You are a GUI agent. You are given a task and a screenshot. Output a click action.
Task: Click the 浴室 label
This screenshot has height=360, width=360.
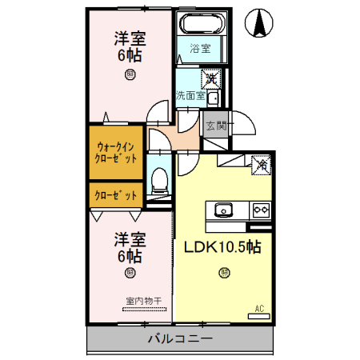tap(200, 49)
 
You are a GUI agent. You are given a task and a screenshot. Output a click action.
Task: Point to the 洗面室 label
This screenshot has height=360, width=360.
tap(190, 95)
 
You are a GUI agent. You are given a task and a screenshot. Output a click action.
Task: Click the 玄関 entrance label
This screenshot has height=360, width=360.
tap(216, 125)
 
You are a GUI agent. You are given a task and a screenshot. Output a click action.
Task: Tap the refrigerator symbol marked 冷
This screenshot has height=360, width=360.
tap(261, 165)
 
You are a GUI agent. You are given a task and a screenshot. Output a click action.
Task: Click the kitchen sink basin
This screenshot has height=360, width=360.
tap(222, 210)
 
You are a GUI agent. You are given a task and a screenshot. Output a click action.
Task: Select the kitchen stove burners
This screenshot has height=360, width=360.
tap(261, 210)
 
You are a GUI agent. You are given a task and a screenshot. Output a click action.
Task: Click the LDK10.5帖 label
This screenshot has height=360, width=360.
tap(223, 246)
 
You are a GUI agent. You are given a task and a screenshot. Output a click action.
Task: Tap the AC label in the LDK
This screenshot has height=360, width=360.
tap(259, 307)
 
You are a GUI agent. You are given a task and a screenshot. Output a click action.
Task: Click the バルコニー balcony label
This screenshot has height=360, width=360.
tap(180, 340)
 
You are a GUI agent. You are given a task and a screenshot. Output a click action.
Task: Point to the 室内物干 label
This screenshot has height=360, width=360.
tap(143, 301)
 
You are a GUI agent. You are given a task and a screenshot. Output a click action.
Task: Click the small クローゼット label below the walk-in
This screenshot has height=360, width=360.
tap(115, 194)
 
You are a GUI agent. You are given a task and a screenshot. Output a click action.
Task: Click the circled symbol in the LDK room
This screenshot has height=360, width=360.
tap(223, 273)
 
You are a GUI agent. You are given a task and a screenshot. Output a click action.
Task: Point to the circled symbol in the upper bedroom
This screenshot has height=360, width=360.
tap(129, 74)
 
